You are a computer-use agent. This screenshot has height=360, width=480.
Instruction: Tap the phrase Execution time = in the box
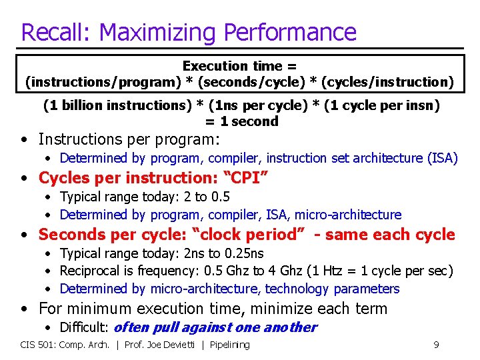tap(240, 66)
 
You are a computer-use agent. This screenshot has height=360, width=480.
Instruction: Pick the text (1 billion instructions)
tap(110, 105)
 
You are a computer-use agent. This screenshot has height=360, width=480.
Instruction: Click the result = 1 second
tap(241, 121)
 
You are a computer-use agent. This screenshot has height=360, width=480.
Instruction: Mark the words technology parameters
tap(332, 289)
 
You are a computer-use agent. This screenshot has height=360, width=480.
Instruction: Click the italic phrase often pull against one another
tap(216, 327)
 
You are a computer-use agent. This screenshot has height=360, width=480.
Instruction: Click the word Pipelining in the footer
tap(229, 345)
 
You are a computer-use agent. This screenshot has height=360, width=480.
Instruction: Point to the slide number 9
tap(435, 345)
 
